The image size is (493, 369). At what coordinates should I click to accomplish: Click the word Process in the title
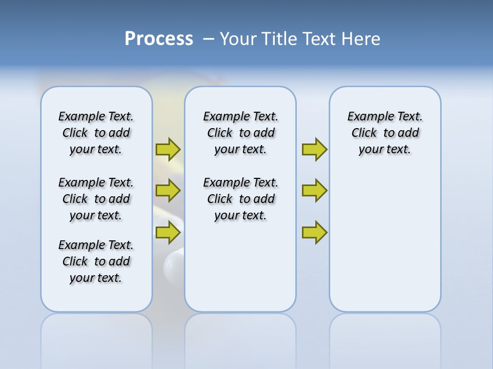click(159, 39)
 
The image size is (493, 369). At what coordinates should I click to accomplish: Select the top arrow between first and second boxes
click(168, 149)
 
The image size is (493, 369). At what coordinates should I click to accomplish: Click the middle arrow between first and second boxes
click(168, 191)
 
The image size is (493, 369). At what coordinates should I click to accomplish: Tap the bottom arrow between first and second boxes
click(168, 232)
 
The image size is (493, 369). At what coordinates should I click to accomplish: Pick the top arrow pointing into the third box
click(314, 149)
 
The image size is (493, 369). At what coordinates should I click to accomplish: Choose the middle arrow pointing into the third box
click(314, 191)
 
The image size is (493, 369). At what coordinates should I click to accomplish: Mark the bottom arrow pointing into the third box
click(314, 232)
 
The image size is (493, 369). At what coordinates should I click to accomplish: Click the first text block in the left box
click(96, 133)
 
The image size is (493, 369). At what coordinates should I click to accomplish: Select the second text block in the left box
click(96, 199)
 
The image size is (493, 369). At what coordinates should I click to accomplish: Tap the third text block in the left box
click(96, 261)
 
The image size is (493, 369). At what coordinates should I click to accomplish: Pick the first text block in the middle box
click(240, 133)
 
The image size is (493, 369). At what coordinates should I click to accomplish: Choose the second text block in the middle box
click(240, 199)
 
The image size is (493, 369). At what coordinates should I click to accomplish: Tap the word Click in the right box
click(364, 133)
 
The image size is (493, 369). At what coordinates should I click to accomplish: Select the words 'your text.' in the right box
click(385, 150)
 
